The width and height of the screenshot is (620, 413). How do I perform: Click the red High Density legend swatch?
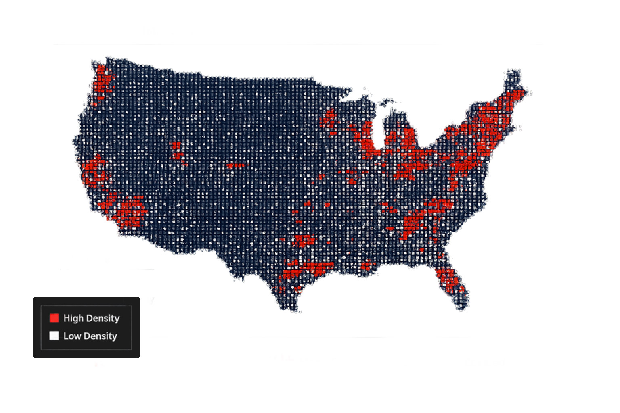(x=54, y=318)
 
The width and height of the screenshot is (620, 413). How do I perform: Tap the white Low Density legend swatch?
(x=54, y=336)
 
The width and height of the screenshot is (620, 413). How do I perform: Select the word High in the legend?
(x=73, y=318)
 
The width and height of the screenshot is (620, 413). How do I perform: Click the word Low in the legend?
(x=72, y=336)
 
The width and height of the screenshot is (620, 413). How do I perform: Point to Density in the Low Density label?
(x=101, y=336)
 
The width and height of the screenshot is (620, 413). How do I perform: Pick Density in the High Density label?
(x=103, y=318)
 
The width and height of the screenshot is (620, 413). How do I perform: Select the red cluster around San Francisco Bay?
(x=94, y=172)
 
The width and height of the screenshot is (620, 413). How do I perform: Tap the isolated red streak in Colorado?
(x=235, y=165)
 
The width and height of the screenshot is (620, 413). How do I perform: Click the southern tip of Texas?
(x=297, y=311)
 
